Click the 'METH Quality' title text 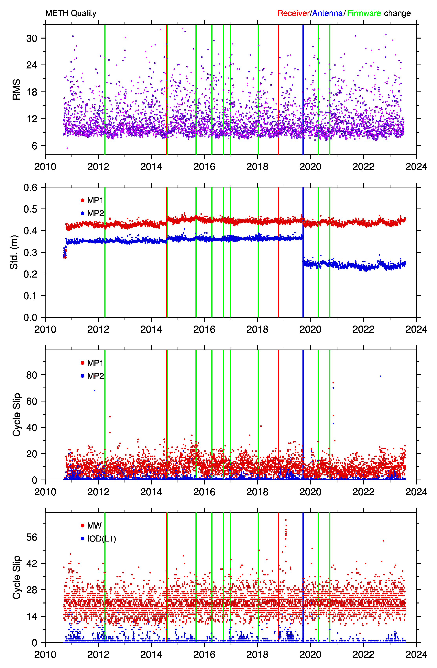point(71,13)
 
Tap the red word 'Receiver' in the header point(293,13)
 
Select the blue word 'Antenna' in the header point(327,13)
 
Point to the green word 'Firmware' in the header point(364,13)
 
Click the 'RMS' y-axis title point(16,89)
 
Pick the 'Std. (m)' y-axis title point(14,252)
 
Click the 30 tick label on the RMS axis point(32,38)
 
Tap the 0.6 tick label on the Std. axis point(30,187)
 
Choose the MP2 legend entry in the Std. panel point(92,213)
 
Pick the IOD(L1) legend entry point(98,539)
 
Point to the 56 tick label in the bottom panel point(32,537)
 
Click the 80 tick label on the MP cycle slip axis point(32,375)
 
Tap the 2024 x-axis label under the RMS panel point(416,167)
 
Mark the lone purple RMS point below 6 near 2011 point(67,148)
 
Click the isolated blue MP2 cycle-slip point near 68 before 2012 point(95,390)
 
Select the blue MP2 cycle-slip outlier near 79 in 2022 point(380,376)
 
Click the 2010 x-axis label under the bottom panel point(45,655)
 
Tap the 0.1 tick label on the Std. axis point(30,296)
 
